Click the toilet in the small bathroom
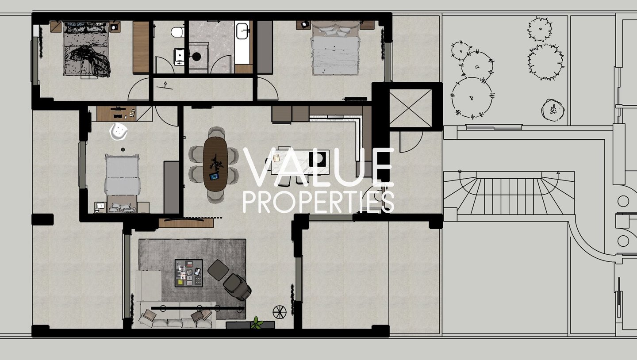[x=177, y=32]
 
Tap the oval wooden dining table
[x=215, y=164]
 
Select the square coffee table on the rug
[x=189, y=273]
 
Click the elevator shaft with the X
[x=411, y=108]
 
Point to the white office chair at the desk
[x=118, y=131]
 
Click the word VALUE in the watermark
[x=318, y=167]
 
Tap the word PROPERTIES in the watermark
[x=318, y=202]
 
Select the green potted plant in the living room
[x=257, y=323]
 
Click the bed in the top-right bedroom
[x=335, y=48]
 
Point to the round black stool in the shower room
[x=196, y=57]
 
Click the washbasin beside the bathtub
[x=242, y=31]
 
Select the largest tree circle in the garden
[x=472, y=98]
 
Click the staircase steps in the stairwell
[x=509, y=196]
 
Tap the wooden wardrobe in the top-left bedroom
[x=141, y=47]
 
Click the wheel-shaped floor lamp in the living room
[x=279, y=312]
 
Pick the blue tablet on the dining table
[x=214, y=176]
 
